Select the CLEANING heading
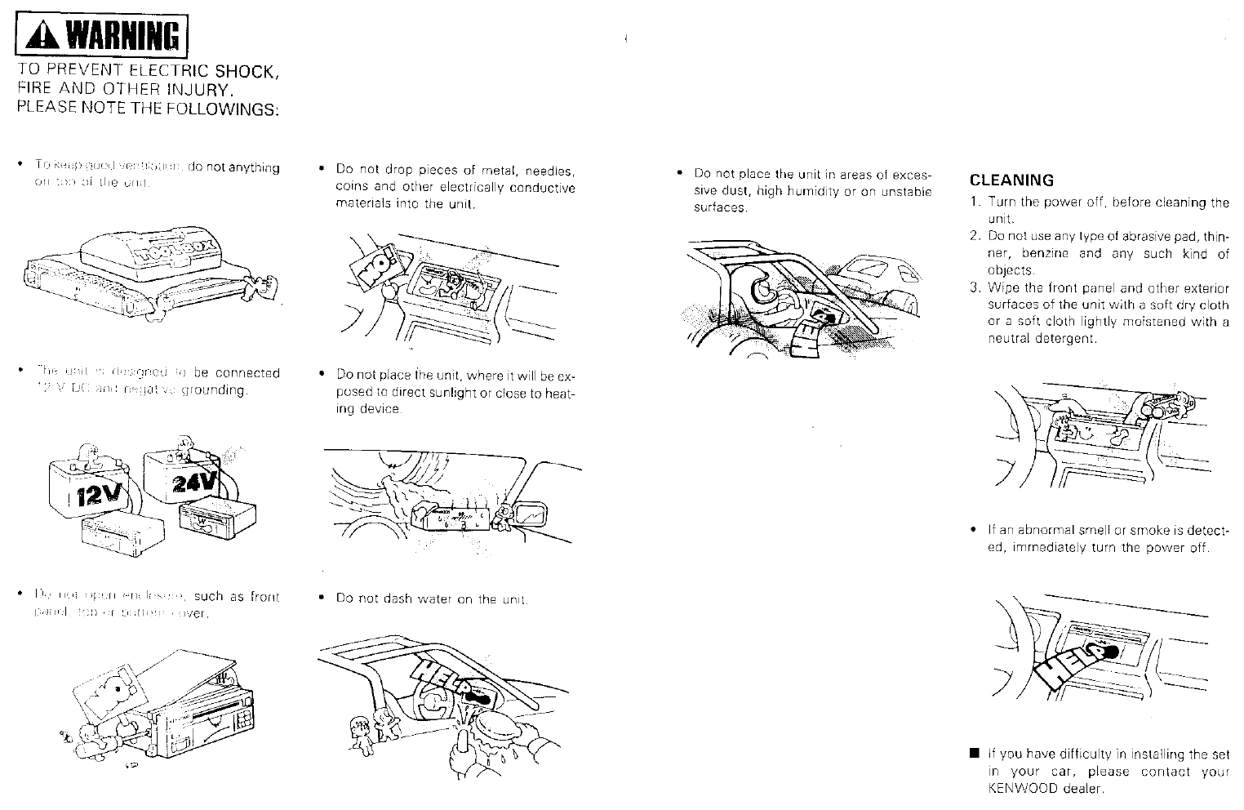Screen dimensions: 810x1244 tap(1011, 180)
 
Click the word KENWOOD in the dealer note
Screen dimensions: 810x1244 tap(1023, 789)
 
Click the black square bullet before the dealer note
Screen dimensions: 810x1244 tap(974, 754)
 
